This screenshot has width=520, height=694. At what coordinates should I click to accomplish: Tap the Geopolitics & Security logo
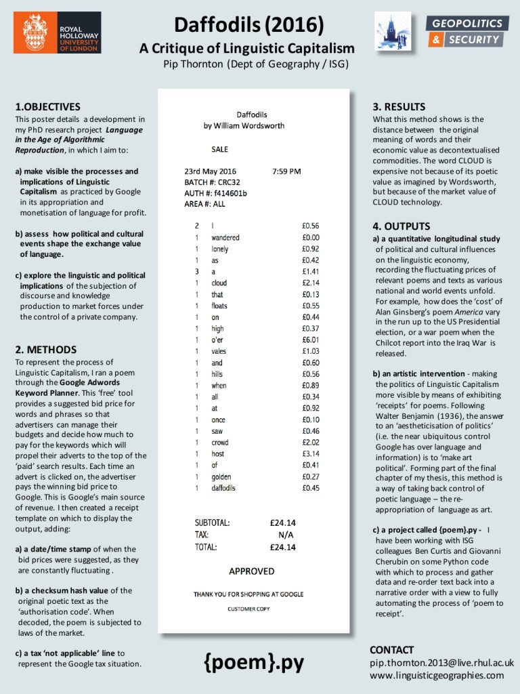(467, 32)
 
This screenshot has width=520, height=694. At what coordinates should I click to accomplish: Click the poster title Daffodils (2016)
(248, 25)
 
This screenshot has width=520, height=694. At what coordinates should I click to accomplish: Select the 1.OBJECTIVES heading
(47, 106)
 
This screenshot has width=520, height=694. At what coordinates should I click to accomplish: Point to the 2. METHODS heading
(45, 350)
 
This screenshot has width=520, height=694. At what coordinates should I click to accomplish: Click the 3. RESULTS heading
(399, 106)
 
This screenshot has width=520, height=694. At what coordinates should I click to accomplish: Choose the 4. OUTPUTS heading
(402, 226)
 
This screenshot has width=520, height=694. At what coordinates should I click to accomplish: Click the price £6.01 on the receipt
(311, 340)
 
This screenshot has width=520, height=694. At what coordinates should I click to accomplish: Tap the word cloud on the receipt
(219, 283)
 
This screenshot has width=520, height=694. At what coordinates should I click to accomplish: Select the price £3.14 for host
(311, 453)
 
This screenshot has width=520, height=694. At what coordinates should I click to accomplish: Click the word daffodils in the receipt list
(224, 487)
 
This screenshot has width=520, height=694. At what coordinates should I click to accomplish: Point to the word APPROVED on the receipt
(251, 571)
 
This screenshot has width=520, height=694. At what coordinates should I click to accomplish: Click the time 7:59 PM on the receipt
(286, 171)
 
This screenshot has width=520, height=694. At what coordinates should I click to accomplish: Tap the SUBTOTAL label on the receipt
(212, 523)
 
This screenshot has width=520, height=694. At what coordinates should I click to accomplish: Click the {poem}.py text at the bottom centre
(254, 661)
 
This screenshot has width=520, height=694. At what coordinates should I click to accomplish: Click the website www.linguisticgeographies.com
(437, 675)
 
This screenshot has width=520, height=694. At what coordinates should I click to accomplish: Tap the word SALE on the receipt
(220, 148)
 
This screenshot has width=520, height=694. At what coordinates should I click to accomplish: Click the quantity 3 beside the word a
(196, 271)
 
